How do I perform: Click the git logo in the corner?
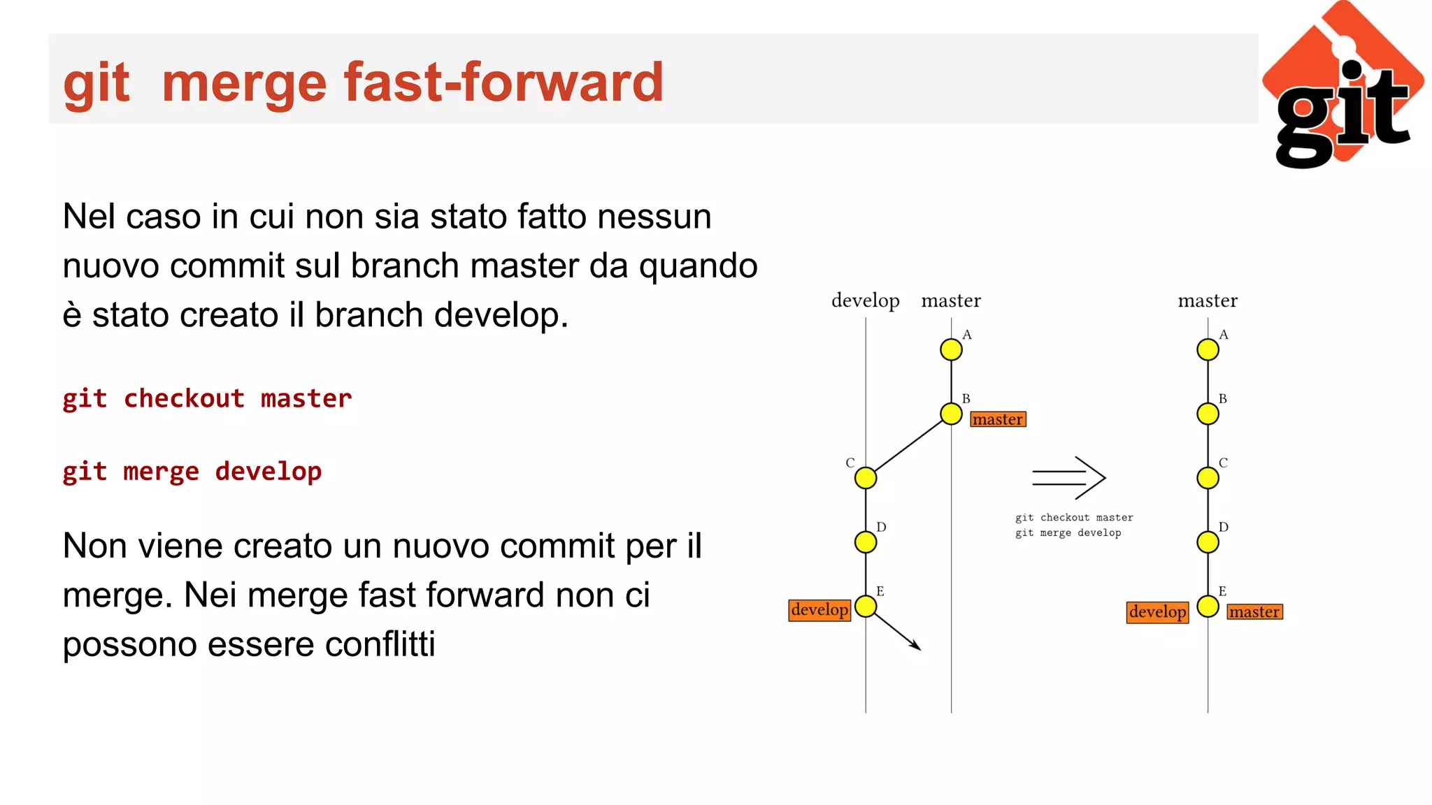1342,85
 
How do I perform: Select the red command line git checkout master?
207,398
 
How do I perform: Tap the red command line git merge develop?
192,471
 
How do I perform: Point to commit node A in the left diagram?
951,349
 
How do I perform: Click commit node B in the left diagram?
951,414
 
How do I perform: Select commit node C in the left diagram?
866,478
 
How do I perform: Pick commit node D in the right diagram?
1208,542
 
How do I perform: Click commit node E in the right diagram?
1208,606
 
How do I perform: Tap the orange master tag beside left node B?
998,419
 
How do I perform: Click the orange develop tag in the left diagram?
819,610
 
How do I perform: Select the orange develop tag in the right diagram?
1157,612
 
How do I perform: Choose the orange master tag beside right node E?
1254,612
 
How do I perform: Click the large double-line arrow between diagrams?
1068,478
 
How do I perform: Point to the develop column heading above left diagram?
865,300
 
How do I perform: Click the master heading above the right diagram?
1208,300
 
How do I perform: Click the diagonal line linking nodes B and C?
909,446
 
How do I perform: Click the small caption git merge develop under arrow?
1068,533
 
